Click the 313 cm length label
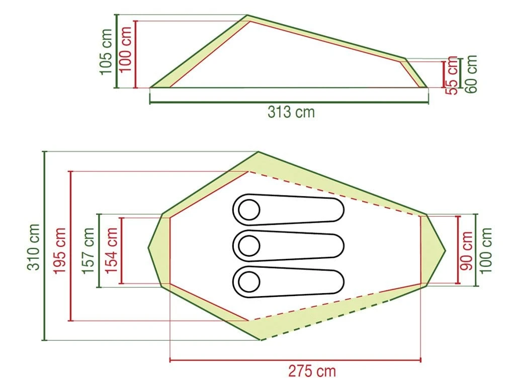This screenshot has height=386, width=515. point(291,112)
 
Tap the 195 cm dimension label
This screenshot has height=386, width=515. point(60,250)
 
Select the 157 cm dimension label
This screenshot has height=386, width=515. point(89,250)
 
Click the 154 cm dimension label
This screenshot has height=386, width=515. point(112,250)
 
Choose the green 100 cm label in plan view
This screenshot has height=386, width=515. point(485,250)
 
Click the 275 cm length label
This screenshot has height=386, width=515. point(312,371)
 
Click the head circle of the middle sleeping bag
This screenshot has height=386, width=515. point(248,246)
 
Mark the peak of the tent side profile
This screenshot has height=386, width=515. point(247,16)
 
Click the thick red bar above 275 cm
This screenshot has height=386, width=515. point(295,360)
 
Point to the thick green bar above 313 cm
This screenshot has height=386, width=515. point(289,103)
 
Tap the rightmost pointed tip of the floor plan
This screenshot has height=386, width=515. point(446,250)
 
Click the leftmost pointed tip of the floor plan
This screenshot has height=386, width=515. point(148,248)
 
